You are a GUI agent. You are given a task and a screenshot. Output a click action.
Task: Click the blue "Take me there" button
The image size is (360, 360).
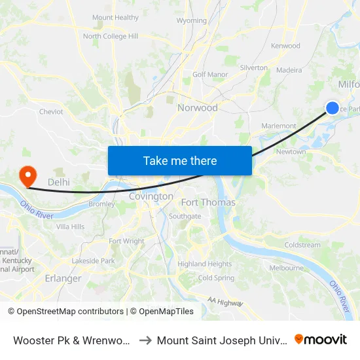[x=180, y=160]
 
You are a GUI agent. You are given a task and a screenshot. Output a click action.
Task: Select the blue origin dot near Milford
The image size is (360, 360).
[x=333, y=108]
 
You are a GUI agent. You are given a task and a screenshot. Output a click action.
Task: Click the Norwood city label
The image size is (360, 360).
[x=198, y=107]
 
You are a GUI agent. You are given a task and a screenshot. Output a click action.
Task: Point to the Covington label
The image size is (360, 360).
[x=151, y=196]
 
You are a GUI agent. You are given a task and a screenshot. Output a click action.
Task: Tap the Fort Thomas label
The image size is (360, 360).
[x=208, y=202]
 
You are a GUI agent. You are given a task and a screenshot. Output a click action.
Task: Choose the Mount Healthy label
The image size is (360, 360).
[x=116, y=18]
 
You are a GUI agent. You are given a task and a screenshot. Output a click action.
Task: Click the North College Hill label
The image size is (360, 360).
[x=111, y=36]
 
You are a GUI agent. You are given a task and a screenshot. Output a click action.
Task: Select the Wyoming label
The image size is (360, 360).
[x=192, y=21]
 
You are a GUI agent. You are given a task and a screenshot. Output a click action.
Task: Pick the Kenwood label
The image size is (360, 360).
[x=285, y=46]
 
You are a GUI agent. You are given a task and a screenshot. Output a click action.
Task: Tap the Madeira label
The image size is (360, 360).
[x=289, y=70]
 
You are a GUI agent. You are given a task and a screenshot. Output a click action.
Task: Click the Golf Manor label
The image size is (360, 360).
[x=209, y=75]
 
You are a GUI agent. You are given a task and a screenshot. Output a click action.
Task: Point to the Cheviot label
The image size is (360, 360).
[x=51, y=112]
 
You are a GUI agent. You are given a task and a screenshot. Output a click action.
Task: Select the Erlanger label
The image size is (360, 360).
[x=63, y=278]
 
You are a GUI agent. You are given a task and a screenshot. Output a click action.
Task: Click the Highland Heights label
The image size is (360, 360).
[x=205, y=264]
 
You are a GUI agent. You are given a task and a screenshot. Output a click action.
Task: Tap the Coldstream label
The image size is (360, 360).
[x=302, y=245]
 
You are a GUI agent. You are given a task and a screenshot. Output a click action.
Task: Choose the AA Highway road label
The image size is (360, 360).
[x=225, y=302]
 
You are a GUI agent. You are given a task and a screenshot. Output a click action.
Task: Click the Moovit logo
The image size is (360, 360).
[x=321, y=339]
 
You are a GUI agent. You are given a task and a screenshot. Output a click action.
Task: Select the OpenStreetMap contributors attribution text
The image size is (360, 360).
[x=66, y=312]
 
